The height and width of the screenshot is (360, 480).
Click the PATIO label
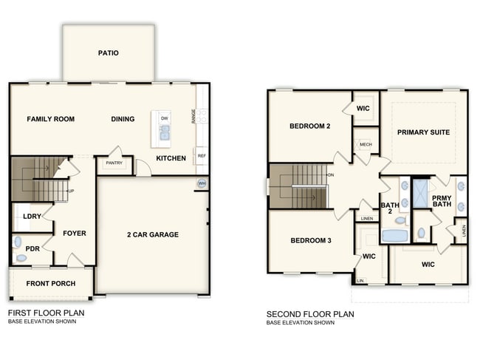coord(108,53)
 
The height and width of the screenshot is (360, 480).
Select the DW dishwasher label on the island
coord(164,118)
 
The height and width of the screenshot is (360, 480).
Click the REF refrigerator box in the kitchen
coord(201,156)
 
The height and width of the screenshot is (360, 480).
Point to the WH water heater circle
coord(201,183)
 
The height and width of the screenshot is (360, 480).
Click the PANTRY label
coord(114,163)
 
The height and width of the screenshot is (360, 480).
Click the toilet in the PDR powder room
coord(21,258)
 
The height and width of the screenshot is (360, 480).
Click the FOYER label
coord(74,234)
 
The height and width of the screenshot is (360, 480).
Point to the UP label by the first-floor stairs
coord(71,191)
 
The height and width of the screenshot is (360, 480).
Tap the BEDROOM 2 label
coord(309,126)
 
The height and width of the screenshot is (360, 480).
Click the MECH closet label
coord(365,145)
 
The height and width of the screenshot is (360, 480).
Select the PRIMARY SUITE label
coord(423,132)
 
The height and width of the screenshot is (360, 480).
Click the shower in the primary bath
coord(422,192)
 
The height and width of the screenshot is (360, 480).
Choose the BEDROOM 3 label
coord(310,241)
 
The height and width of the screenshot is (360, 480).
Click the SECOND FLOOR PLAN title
coord(310,314)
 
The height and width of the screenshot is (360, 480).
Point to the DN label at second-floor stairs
coord(331,174)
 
